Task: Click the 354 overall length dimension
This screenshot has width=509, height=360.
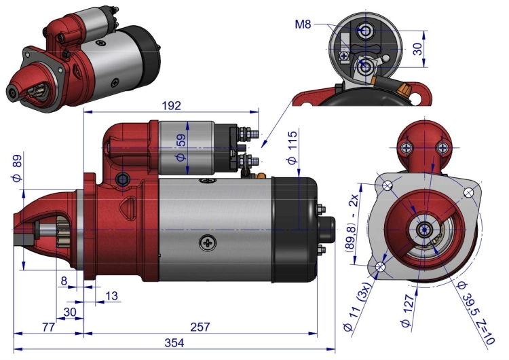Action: click(x=174, y=343)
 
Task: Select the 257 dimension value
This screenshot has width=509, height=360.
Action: click(x=200, y=327)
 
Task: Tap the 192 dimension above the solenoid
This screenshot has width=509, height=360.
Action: click(x=172, y=105)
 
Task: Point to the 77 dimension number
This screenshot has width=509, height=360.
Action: click(x=48, y=327)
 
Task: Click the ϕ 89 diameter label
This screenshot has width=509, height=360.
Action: click(x=17, y=168)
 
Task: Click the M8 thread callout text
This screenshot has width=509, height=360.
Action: click(x=303, y=24)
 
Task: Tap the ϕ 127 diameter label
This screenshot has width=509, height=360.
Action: click(x=408, y=310)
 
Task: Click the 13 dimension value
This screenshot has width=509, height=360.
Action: click(x=111, y=296)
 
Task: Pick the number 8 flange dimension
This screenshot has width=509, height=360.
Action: click(x=64, y=281)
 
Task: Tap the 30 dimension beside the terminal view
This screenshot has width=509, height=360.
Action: click(x=418, y=49)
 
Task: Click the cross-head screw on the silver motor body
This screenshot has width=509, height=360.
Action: click(x=208, y=242)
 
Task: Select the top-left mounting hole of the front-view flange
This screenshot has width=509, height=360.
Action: click(x=388, y=186)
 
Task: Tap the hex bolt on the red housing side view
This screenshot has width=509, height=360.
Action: click(x=122, y=179)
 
